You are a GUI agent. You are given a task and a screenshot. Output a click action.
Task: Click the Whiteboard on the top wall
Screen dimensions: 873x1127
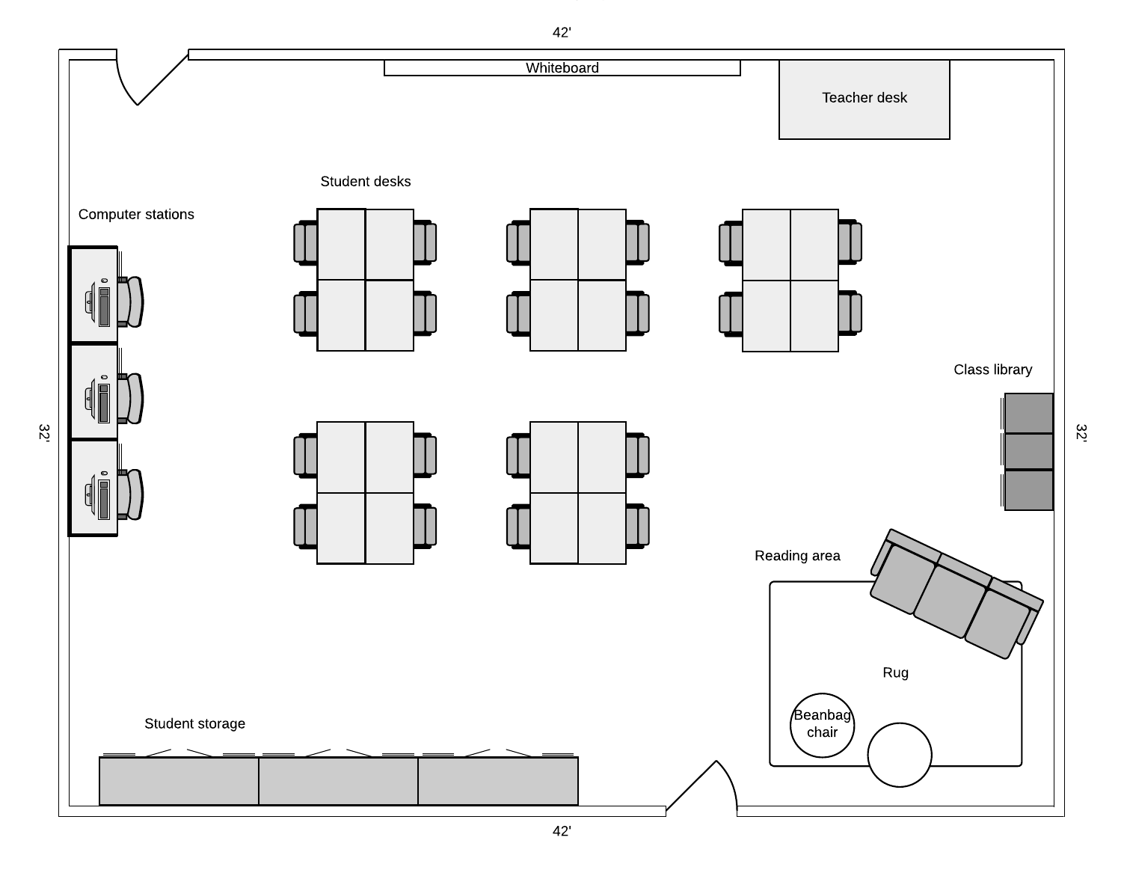562,68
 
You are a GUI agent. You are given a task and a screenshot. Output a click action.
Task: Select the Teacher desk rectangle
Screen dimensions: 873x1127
864,99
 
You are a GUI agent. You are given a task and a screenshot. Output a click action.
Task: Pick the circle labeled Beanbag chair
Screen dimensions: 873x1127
822,724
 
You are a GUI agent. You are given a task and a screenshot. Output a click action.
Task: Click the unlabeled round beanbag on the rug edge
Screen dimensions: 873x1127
899,754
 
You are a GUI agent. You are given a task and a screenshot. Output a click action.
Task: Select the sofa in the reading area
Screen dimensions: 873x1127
956,593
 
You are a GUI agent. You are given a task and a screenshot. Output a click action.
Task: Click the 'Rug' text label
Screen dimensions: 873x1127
895,673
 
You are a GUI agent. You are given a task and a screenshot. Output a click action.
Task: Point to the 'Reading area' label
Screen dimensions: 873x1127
797,556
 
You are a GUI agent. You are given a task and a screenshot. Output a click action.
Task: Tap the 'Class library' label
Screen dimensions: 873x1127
992,370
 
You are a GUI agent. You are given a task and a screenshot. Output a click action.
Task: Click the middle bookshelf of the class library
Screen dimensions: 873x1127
1028,451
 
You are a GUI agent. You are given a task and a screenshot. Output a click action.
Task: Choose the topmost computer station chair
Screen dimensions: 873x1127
132,301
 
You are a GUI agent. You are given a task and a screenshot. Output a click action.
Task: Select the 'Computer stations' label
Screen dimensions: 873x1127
136,215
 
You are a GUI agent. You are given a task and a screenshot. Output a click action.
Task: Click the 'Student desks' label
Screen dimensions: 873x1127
365,182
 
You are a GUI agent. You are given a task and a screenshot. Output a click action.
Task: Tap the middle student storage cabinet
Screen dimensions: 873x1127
338,781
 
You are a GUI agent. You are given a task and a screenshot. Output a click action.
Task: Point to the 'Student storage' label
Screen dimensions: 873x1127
194,723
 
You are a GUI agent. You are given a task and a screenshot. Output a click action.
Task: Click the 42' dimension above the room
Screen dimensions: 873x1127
562,32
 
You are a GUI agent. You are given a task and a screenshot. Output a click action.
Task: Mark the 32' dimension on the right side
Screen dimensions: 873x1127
1081,433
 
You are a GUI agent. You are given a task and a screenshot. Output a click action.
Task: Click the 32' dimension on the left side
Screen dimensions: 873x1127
44,433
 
